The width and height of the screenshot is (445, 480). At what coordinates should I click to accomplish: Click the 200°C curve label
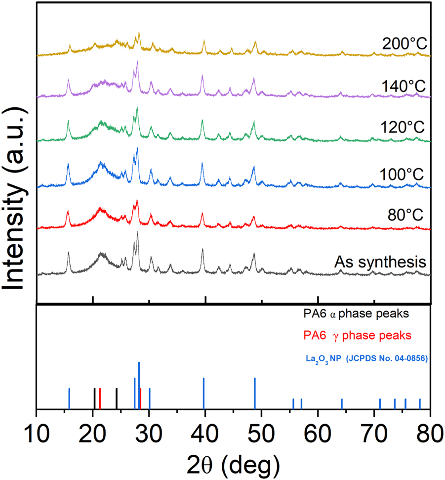tap(404, 45)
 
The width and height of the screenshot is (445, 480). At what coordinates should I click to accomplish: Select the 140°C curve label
tap(404, 87)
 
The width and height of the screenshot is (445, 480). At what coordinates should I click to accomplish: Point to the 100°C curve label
tap(404, 175)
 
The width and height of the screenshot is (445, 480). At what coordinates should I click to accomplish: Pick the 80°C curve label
tap(408, 216)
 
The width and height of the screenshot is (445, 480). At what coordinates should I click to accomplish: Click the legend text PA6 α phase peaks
tap(357, 314)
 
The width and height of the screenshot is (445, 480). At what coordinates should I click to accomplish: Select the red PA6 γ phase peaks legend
tap(357, 336)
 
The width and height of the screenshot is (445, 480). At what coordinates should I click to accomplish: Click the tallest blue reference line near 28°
tap(139, 386)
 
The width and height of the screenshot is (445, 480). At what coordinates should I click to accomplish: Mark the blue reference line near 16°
tap(69, 398)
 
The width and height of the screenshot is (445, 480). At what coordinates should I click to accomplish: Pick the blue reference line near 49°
tap(255, 393)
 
